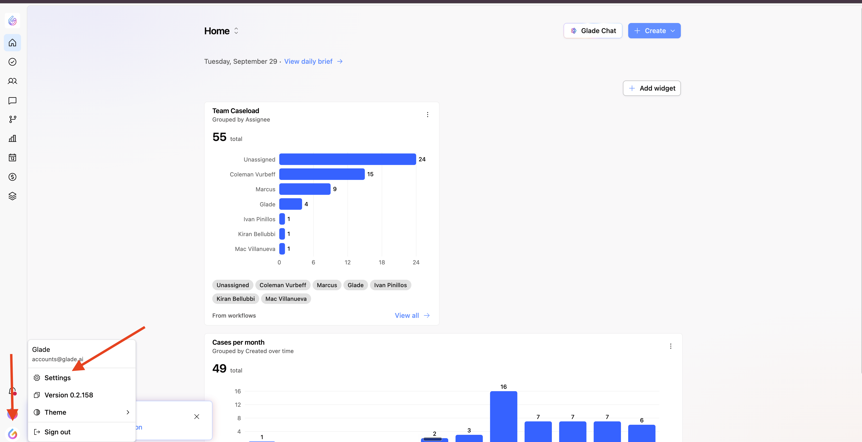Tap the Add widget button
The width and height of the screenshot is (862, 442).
[651, 88]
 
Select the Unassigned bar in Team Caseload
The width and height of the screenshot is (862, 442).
[347, 159]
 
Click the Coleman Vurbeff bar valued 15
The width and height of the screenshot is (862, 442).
[322, 174]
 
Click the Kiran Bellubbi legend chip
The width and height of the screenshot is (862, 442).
[235, 299]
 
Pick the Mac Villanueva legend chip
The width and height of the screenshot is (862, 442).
[286, 299]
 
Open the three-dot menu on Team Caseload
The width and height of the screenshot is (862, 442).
[427, 115]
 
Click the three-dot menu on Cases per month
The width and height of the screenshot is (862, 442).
[671, 346]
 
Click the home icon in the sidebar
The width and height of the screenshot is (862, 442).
[12, 43]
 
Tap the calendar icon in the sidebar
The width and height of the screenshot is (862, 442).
[12, 157]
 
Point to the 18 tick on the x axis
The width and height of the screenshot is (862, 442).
[382, 262]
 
